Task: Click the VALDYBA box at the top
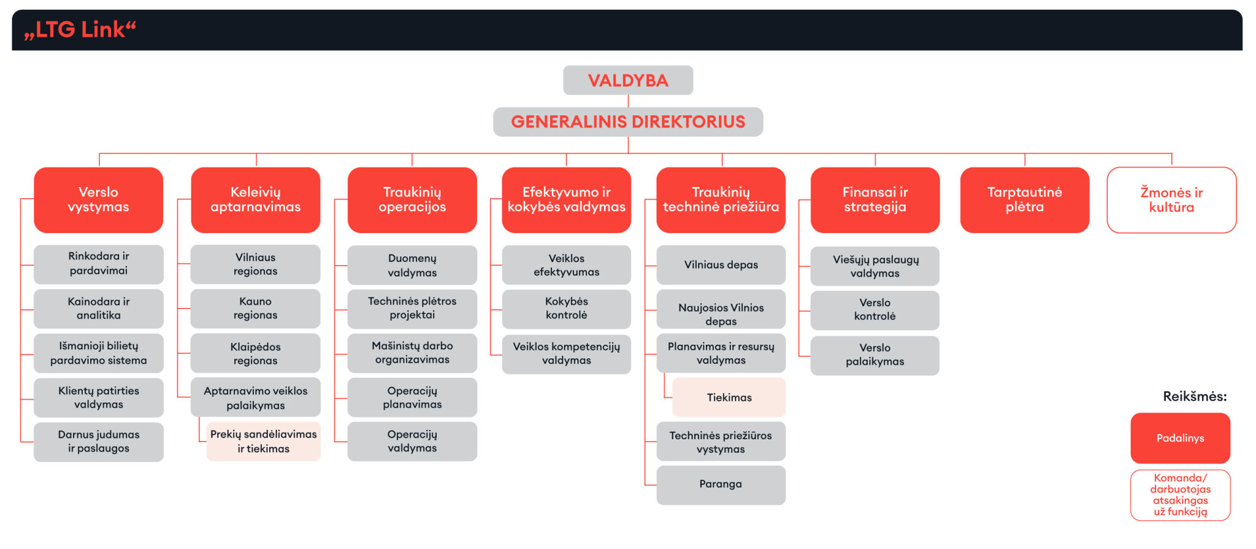click(x=628, y=80)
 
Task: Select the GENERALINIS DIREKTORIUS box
click(x=628, y=121)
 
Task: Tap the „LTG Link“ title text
click(x=80, y=29)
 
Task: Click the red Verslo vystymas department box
click(x=98, y=200)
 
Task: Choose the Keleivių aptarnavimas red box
click(x=255, y=200)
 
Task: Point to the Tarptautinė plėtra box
click(x=1024, y=200)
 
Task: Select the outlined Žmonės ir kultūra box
click(x=1171, y=200)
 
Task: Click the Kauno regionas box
click(x=255, y=309)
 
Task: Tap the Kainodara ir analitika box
click(x=98, y=309)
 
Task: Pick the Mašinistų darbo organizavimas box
click(x=412, y=353)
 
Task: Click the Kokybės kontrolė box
click(x=566, y=309)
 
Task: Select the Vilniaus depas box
click(x=721, y=265)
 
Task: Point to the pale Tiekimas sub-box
click(x=729, y=397)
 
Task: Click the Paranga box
click(x=721, y=485)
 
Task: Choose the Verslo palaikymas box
click(x=875, y=355)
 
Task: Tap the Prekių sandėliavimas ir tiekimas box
click(x=263, y=441)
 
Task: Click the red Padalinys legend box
click(x=1180, y=438)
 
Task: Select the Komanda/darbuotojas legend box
click(x=1180, y=495)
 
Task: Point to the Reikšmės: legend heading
click(x=1195, y=396)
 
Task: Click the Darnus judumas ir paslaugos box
click(x=98, y=442)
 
